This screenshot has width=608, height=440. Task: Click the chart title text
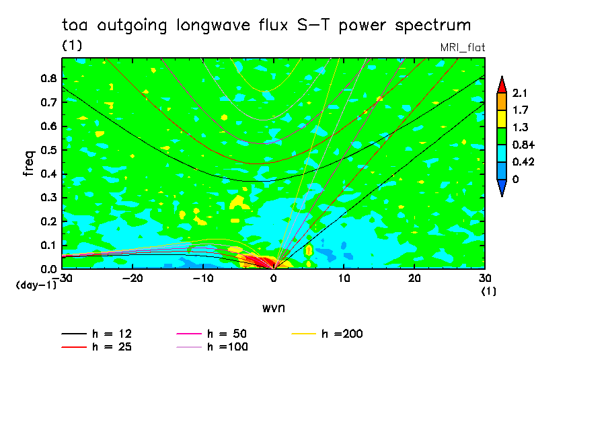[x=266, y=26]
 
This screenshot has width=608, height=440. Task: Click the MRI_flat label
[x=462, y=48]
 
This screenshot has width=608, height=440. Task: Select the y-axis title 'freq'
[x=28, y=163]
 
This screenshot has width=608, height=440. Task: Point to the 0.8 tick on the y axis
[x=48, y=78]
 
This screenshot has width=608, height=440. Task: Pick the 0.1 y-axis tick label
[x=48, y=246]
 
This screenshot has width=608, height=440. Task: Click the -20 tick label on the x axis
[x=133, y=279]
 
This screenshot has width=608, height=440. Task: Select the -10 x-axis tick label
[x=204, y=279]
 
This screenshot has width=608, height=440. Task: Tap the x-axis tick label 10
[x=344, y=279]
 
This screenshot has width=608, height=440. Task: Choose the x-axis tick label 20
[x=414, y=279]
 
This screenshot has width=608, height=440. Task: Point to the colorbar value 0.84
[x=523, y=145]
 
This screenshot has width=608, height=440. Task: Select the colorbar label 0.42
[x=523, y=162]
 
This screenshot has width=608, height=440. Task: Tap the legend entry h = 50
[x=226, y=334]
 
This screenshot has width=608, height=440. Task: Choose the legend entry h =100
[x=226, y=347]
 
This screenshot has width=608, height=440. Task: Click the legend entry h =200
[x=342, y=334]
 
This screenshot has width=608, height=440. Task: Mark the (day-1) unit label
[x=34, y=285]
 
